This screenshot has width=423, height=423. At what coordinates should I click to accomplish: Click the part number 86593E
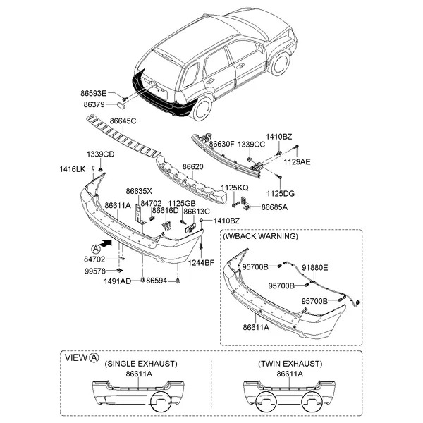[x=94, y=93]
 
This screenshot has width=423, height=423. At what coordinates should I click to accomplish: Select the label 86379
[x=94, y=104]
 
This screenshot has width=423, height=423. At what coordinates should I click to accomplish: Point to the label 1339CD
[x=101, y=154]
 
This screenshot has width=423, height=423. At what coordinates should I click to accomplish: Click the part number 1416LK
[x=71, y=168]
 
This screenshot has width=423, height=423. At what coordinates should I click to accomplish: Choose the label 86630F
[x=221, y=145]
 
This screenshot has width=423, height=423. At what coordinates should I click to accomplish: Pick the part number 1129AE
[x=296, y=161]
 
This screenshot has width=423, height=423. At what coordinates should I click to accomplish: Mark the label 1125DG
[x=281, y=193]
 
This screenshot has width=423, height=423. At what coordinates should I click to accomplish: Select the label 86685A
[x=274, y=207]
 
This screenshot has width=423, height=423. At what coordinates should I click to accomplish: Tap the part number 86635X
[x=139, y=191]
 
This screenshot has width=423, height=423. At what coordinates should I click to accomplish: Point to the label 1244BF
[x=200, y=263]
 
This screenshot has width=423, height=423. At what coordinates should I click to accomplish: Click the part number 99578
[x=94, y=271]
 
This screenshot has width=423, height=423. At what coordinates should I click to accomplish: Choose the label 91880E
[x=315, y=268]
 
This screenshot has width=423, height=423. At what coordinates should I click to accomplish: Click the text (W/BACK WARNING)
[x=260, y=236]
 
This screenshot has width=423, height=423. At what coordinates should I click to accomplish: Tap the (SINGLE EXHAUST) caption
[x=141, y=364]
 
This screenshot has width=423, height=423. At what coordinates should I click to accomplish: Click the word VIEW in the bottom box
[x=76, y=357]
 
